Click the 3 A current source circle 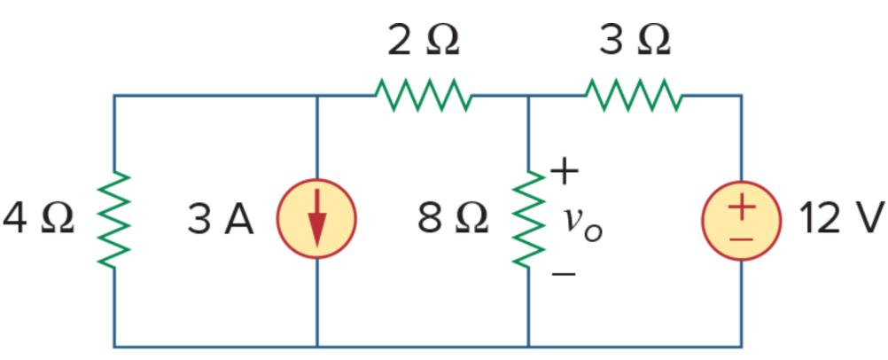pyautogui.click(x=317, y=220)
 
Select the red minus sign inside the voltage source pyautogui.click(x=743, y=238)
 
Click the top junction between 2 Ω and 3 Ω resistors pyautogui.click(x=529, y=95)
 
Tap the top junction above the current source pyautogui.click(x=317, y=95)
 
